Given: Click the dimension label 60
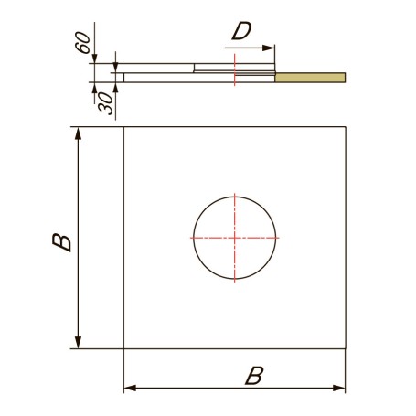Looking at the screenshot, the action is coord(82,42).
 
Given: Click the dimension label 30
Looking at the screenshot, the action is coord(106,103).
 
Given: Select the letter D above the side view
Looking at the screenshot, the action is coord(241,31).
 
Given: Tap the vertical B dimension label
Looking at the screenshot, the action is coord(62,242).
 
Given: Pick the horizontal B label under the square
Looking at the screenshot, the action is coord(254,376).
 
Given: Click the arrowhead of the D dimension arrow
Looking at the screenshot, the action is coord(269,48).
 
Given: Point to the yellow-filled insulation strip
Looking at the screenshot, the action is coord(310,78).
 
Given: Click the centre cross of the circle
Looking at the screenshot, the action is coord(235,238).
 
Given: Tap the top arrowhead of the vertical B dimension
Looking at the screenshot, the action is coord(79,133).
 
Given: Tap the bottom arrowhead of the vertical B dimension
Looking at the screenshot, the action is coord(79,342).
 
